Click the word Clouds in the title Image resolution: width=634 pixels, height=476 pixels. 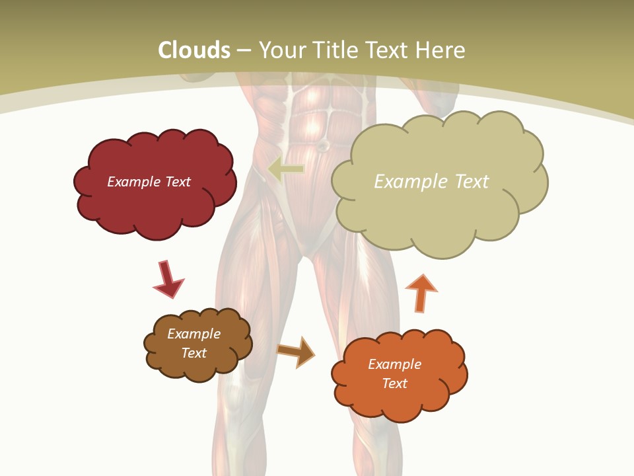[x=194, y=50]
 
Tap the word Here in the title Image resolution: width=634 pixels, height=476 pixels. [x=442, y=50]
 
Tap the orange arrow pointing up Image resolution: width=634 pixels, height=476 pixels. [x=421, y=293]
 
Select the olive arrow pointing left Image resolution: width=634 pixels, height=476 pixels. [x=285, y=170]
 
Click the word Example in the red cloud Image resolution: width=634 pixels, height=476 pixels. [x=133, y=182]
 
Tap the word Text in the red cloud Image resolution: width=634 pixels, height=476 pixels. [x=177, y=182]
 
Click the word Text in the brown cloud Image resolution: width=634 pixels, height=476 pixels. [x=194, y=353]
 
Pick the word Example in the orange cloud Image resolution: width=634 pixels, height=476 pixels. [x=394, y=364]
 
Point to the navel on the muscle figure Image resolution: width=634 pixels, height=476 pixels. [x=323, y=145]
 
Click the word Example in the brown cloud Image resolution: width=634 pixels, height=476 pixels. [x=194, y=334]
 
